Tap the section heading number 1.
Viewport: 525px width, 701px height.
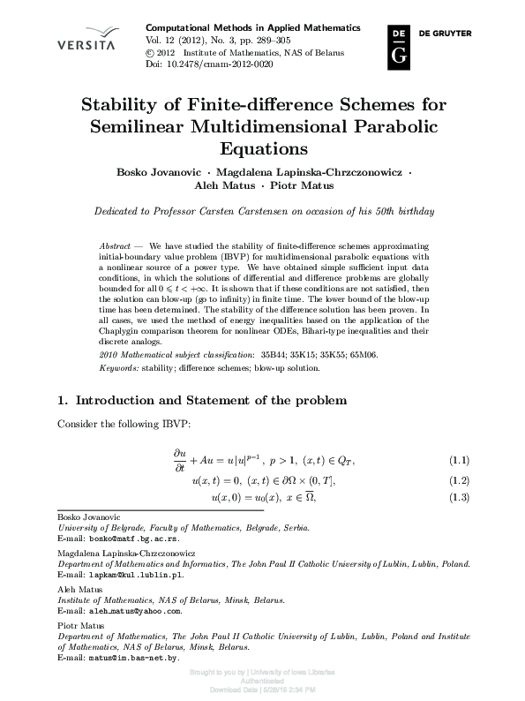point(62,401)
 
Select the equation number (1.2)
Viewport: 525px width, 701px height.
point(460,481)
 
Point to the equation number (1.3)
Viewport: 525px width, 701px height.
point(460,499)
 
